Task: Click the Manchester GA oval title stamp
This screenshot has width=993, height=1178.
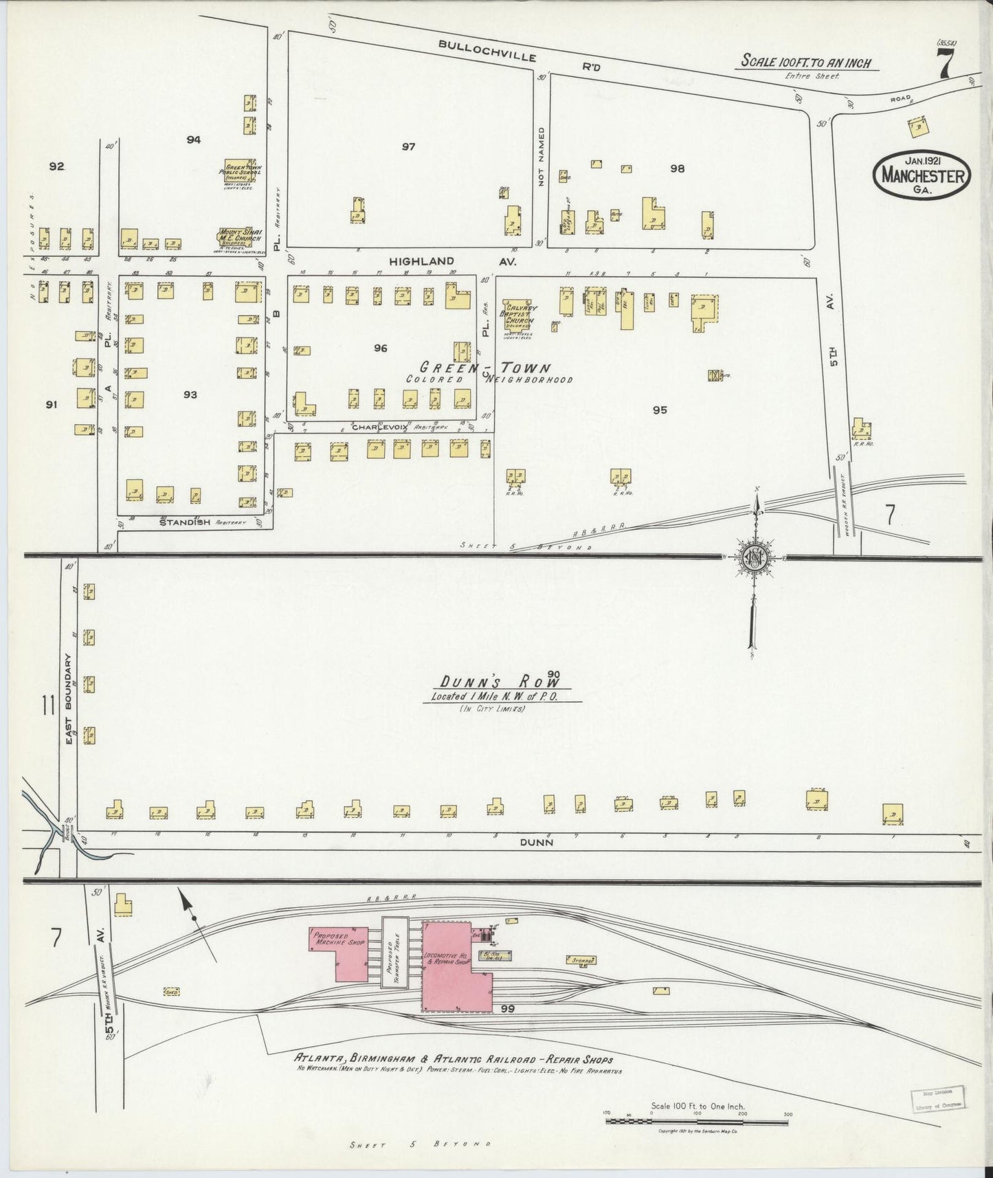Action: pyautogui.click(x=922, y=177)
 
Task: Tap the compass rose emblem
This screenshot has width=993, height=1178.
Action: pyautogui.click(x=754, y=557)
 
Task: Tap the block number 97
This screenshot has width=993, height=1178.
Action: pyautogui.click(x=409, y=146)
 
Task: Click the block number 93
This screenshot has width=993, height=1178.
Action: pyautogui.click(x=190, y=394)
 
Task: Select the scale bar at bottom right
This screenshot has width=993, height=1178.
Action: pyautogui.click(x=698, y=1121)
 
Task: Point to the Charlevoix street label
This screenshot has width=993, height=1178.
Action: pyautogui.click(x=380, y=427)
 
